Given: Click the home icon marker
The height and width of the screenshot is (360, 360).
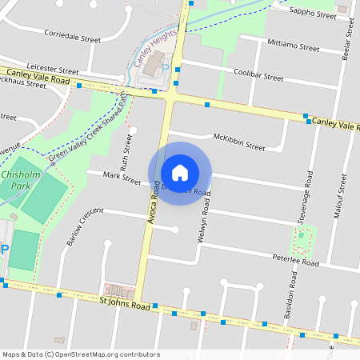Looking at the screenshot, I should (180, 174).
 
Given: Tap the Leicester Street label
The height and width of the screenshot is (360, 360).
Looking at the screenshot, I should (53, 71).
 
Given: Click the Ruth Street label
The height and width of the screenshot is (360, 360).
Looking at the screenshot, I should (126, 152).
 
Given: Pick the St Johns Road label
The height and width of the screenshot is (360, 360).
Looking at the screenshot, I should (125, 304).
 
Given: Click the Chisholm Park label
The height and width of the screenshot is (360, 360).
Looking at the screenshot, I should (16, 179).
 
